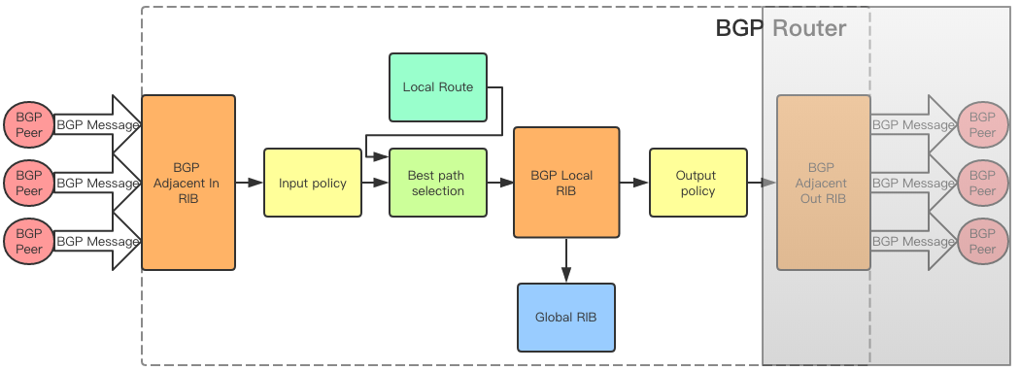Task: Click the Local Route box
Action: click(x=437, y=87)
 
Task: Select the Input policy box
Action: click(x=312, y=183)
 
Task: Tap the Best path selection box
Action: click(x=436, y=183)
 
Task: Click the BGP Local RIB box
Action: click(x=565, y=183)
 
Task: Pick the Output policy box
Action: click(x=697, y=183)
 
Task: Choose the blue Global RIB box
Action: click(x=565, y=317)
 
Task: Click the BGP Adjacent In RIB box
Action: click(x=188, y=183)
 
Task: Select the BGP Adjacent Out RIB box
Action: click(x=823, y=183)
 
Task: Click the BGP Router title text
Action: click(x=781, y=27)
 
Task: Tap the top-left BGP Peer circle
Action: click(x=29, y=124)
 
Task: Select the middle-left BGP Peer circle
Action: click(x=29, y=183)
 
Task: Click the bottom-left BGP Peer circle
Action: click(x=29, y=241)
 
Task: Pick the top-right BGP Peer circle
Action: click(x=982, y=124)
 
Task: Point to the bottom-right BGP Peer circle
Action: click(x=982, y=241)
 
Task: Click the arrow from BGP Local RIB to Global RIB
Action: click(x=565, y=259)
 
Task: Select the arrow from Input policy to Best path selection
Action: click(x=374, y=183)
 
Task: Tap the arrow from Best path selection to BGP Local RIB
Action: click(x=498, y=183)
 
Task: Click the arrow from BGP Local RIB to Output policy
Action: click(x=634, y=183)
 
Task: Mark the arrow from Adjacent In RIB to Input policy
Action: click(x=249, y=183)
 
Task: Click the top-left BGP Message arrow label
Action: click(x=97, y=124)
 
